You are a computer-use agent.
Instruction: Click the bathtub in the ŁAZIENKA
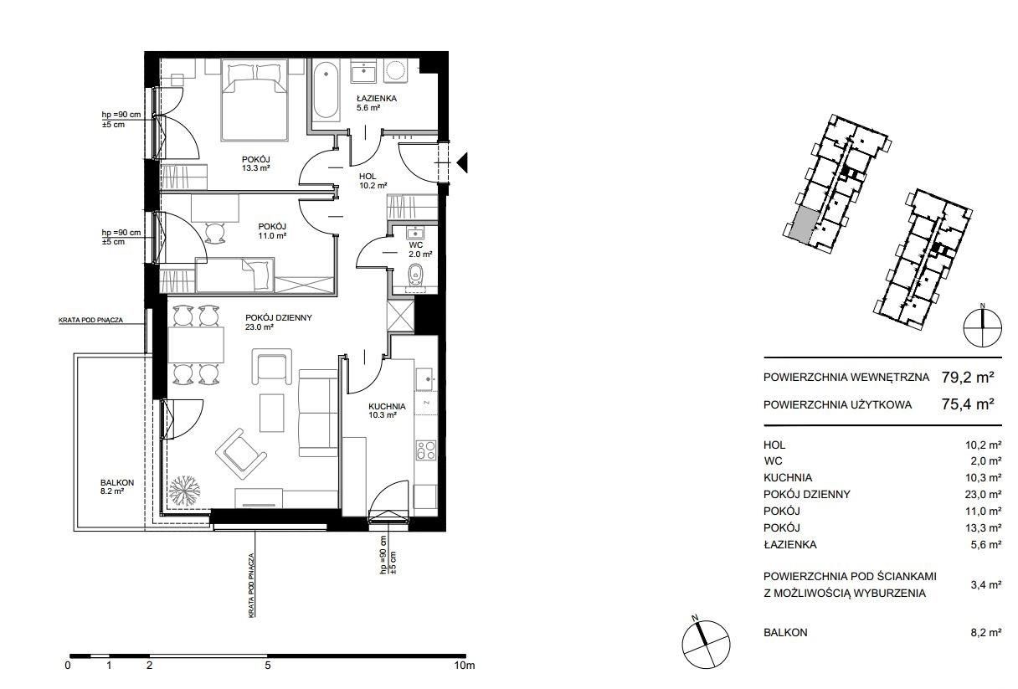[326, 90]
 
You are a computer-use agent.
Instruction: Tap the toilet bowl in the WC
[415, 275]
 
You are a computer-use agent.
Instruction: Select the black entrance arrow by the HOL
[462, 162]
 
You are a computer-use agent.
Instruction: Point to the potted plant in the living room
[184, 491]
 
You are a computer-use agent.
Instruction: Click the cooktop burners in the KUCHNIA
[426, 450]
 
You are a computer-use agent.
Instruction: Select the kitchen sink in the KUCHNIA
[426, 379]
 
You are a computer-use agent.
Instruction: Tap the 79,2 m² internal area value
[968, 378]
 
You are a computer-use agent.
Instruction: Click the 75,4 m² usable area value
[968, 404]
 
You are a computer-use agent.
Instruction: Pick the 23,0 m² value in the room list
[984, 495]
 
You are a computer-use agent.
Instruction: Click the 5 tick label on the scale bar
[268, 666]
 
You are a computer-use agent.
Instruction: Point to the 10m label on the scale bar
[464, 666]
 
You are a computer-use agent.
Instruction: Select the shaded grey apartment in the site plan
[803, 225]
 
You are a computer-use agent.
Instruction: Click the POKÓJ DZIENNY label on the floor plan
[279, 317]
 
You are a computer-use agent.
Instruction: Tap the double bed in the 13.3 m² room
[254, 100]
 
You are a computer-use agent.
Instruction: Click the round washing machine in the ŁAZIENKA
[395, 71]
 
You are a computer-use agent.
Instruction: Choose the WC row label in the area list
[773, 460]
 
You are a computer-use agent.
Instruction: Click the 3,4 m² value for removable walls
[985, 585]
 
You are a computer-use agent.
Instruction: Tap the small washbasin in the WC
[415, 233]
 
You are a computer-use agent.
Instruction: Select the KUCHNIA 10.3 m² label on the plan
[387, 410]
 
